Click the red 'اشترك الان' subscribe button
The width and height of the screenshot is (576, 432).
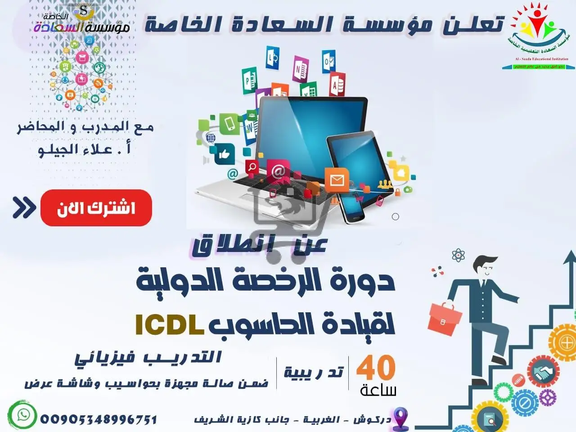click(x=96, y=208)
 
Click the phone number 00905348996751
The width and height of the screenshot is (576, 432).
click(x=99, y=419)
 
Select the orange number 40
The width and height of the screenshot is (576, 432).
click(x=376, y=368)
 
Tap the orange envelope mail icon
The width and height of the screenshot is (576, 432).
click(x=337, y=180)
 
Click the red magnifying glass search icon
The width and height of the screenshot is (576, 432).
click(x=252, y=167)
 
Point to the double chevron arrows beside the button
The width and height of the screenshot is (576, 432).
click(x=24, y=207)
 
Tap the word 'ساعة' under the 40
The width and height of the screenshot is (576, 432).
click(x=378, y=390)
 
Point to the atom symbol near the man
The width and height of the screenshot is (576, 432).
click(x=458, y=256)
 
